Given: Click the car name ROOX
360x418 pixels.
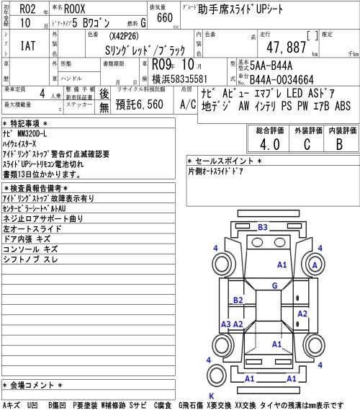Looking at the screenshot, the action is pyautogui.click(x=75, y=9).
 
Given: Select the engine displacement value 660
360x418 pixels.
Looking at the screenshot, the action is pyautogui.click(x=165, y=17).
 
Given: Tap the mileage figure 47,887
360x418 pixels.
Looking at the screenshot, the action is pyautogui.click(x=287, y=47).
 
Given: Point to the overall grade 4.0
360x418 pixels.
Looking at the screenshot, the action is pyautogui.click(x=270, y=144).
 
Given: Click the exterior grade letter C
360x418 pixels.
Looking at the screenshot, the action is pyautogui.click(x=307, y=144).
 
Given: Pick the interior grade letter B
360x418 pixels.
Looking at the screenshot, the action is pyautogui.click(x=339, y=144).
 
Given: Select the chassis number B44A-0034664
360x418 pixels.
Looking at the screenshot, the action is pyautogui.click(x=282, y=80).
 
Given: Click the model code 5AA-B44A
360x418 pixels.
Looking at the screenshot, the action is pyautogui.click(x=271, y=66).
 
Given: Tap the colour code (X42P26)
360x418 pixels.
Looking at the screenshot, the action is pyautogui.click(x=124, y=36).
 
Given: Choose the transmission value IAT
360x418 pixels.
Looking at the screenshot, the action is pyautogui.click(x=28, y=45).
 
